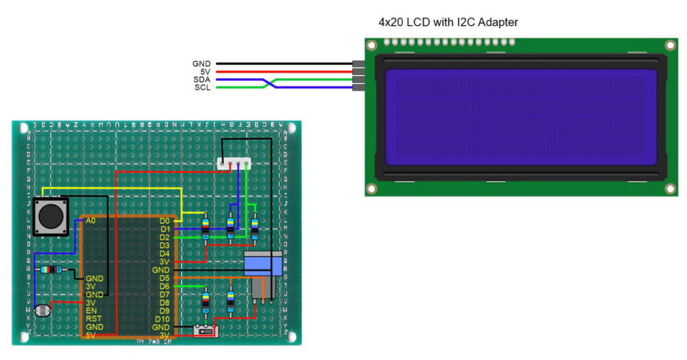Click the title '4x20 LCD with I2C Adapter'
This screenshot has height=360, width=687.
click(x=448, y=22)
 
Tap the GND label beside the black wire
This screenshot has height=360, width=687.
click(x=201, y=64)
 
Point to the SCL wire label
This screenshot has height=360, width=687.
click(x=202, y=88)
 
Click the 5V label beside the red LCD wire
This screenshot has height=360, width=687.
click(x=204, y=72)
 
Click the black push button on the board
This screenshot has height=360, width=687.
click(x=51, y=215)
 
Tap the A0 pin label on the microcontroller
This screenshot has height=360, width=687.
click(x=90, y=221)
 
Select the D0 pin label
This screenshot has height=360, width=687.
click(x=165, y=221)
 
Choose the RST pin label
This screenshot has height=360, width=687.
click(x=93, y=318)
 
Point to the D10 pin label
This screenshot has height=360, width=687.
click(x=163, y=319)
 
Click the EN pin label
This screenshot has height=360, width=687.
click(x=91, y=310)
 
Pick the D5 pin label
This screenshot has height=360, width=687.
click(x=165, y=278)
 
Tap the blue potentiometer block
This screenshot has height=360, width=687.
click(x=264, y=263)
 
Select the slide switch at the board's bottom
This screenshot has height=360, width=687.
click(x=207, y=331)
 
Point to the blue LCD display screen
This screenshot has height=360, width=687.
click(x=521, y=117)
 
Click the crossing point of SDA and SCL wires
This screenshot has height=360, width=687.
click(x=270, y=84)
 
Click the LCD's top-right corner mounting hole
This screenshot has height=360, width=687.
click(x=670, y=45)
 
